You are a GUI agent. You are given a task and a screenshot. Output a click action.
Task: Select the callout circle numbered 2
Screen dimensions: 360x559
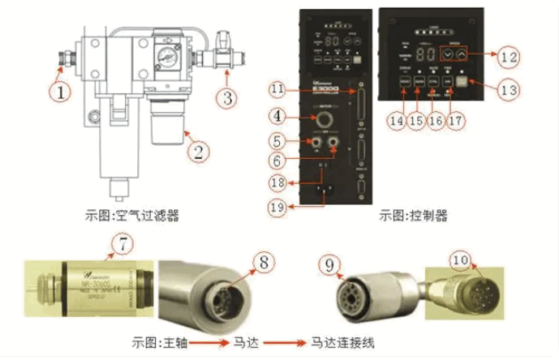(x=196, y=148)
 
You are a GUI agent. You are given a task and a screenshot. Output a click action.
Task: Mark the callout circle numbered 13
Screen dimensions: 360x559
(x=507, y=90)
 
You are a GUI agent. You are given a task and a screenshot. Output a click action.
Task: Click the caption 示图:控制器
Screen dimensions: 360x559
(x=414, y=216)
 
